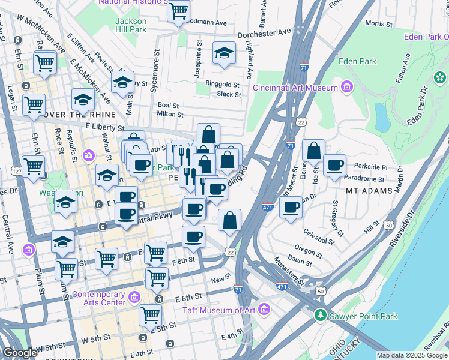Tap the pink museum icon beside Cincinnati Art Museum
346,88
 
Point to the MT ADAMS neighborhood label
369,191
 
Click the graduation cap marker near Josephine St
224,54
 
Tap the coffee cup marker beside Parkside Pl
335,166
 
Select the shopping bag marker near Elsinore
313,151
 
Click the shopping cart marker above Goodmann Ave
178,11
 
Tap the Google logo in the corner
19,353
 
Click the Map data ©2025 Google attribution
412,355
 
